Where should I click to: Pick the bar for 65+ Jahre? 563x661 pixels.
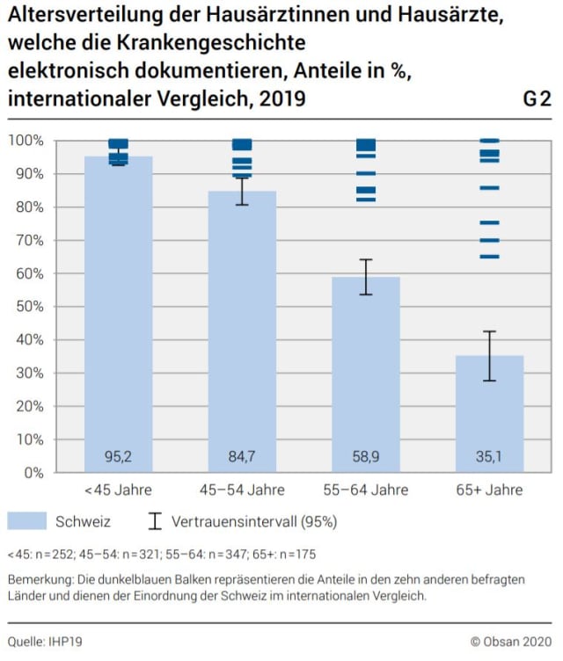click(490, 413)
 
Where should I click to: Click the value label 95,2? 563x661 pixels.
click(118, 457)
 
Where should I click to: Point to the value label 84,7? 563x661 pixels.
click(242, 457)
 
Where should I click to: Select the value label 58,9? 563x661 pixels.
click(366, 457)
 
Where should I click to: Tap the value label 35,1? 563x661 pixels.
click(490, 457)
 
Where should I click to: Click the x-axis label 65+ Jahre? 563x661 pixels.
click(490, 490)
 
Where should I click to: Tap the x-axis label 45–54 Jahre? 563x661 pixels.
click(242, 490)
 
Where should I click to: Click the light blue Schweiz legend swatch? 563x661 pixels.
click(26, 521)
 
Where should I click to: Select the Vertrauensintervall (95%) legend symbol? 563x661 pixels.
click(156, 521)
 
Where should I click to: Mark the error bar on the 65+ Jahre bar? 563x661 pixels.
click(490, 356)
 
